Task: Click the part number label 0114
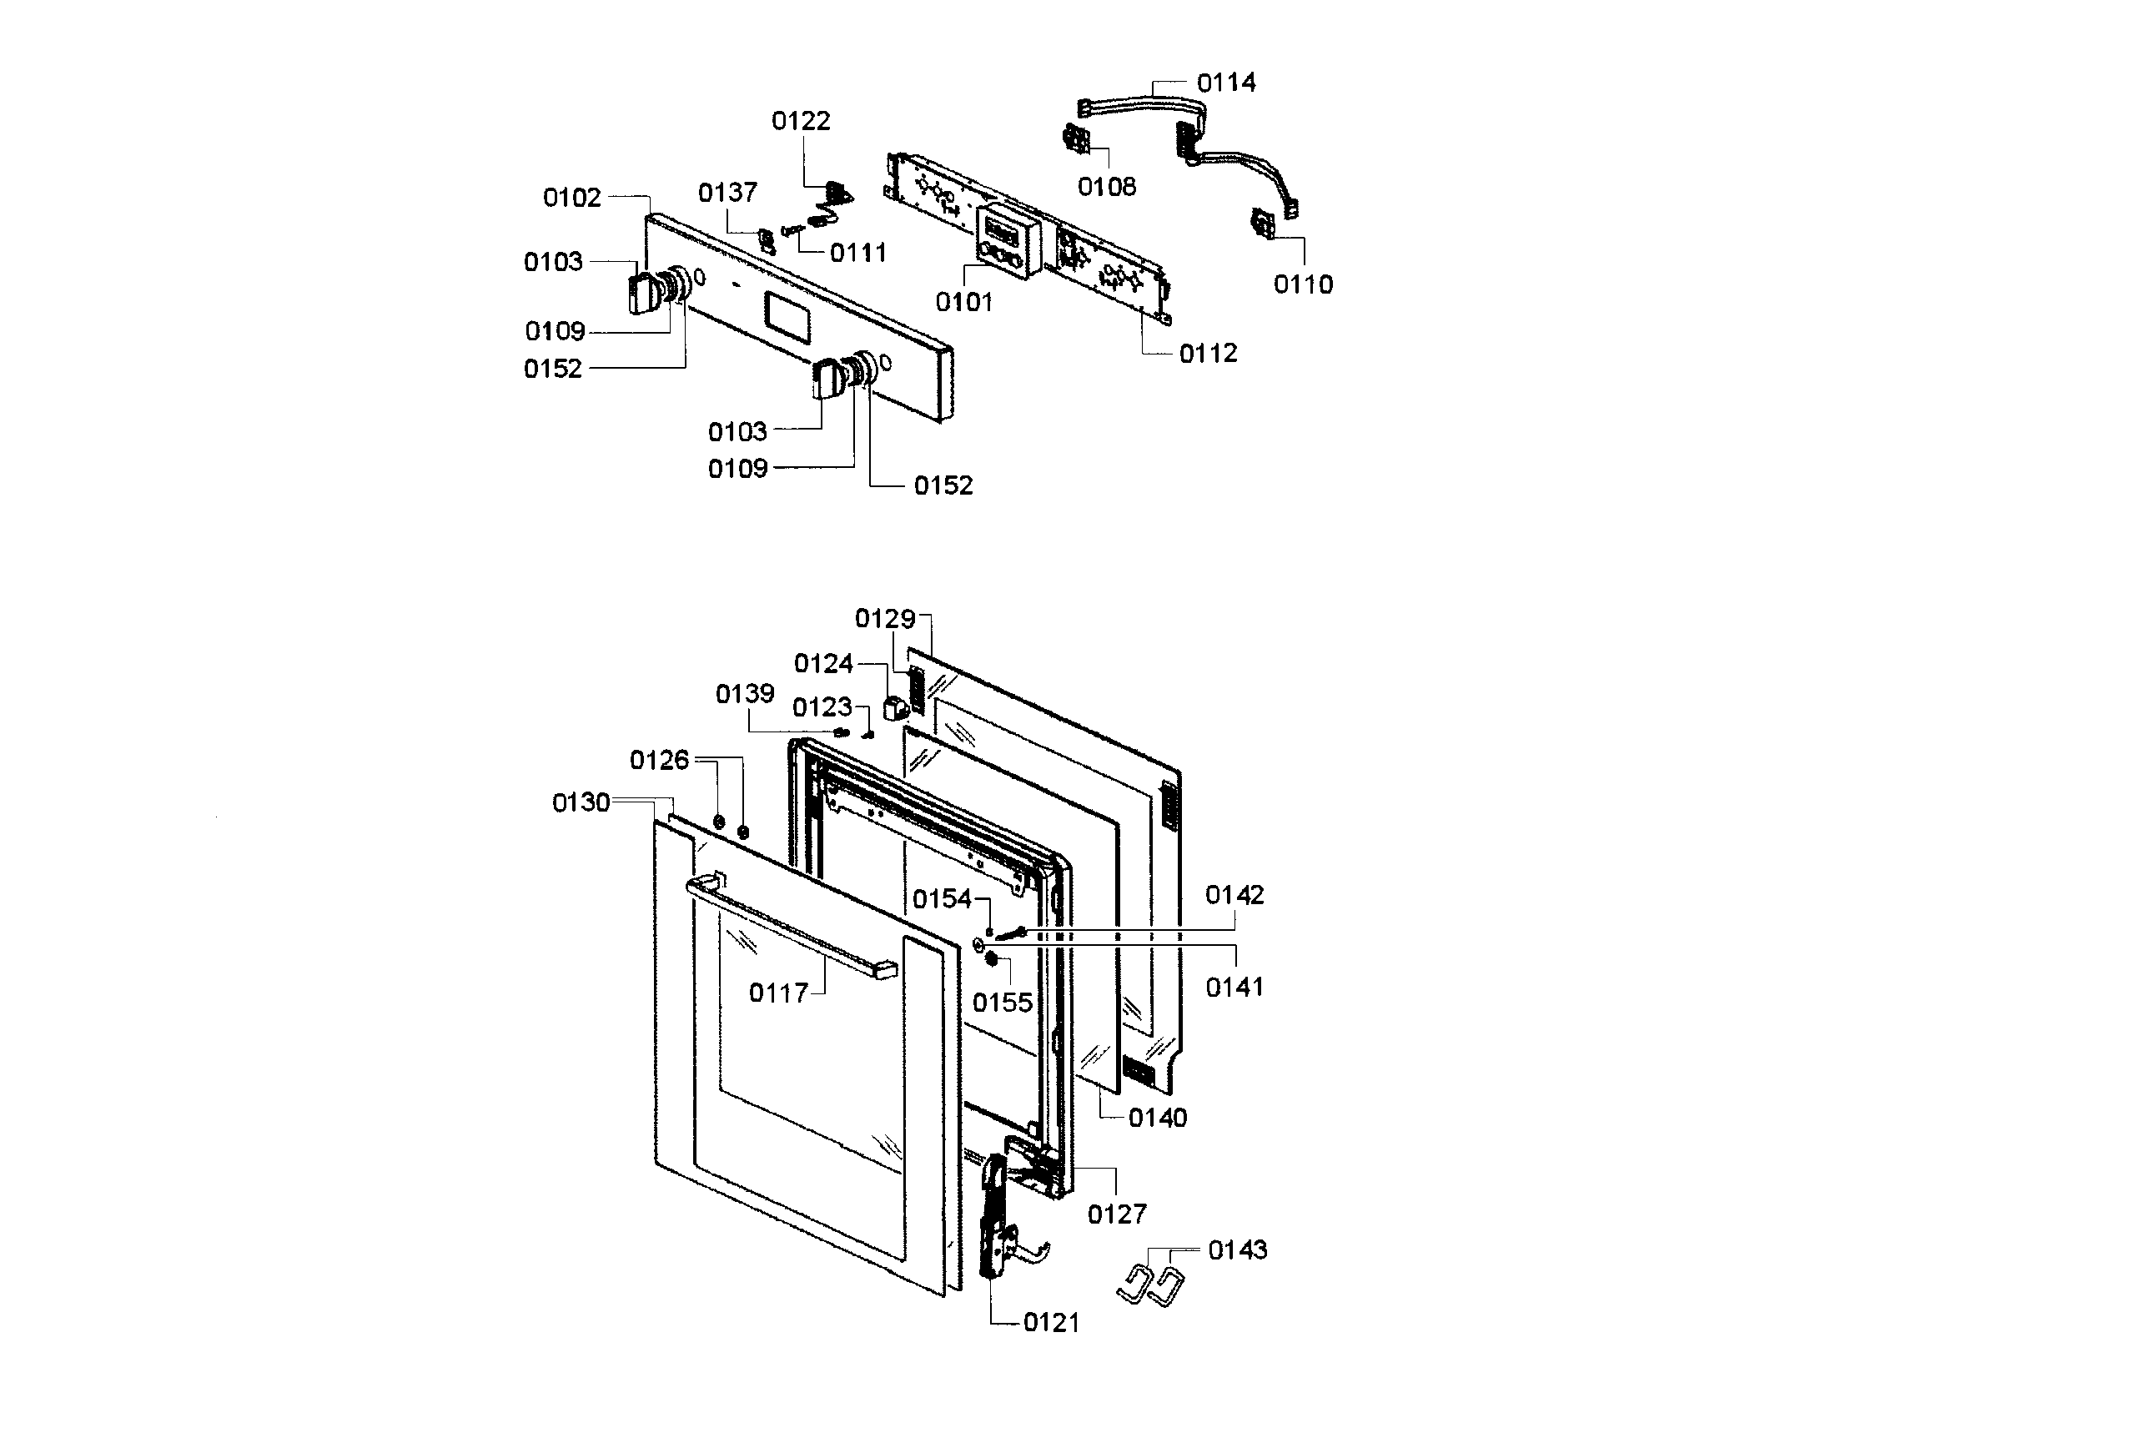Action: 1225,83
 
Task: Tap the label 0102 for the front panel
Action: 571,198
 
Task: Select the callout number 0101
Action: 963,302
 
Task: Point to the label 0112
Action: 1207,354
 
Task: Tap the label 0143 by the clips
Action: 1237,1249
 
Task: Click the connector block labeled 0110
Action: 1265,224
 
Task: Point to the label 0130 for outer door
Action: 581,803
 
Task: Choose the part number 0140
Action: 1157,1118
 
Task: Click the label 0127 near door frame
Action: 1116,1214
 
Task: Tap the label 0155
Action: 1002,1003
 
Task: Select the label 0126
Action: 659,760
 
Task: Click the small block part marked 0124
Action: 893,709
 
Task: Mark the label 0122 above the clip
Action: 800,121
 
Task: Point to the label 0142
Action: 1234,895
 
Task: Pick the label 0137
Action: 727,193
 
